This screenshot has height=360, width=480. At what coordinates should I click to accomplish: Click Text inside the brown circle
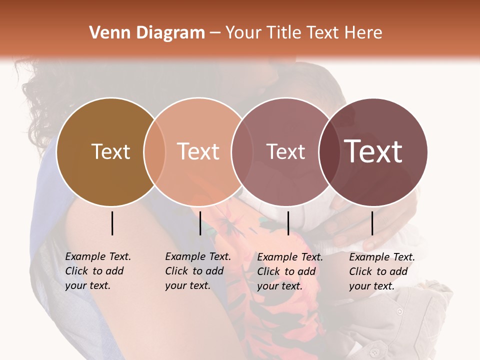pyautogui.click(x=110, y=151)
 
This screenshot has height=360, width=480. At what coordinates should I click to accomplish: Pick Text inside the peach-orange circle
pyautogui.click(x=198, y=151)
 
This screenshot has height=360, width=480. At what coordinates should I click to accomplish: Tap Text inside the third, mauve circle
pyautogui.click(x=285, y=151)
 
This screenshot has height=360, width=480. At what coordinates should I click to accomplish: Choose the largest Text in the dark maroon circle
pyautogui.click(x=373, y=151)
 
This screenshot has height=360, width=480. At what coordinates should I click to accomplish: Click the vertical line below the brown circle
pyautogui.click(x=112, y=223)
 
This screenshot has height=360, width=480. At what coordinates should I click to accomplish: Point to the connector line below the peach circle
pyautogui.click(x=200, y=223)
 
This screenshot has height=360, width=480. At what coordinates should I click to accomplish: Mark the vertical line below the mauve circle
pyautogui.click(x=288, y=223)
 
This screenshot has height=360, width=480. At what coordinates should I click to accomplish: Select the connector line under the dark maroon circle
pyautogui.click(x=372, y=223)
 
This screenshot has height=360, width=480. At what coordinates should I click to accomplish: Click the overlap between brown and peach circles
pyautogui.click(x=154, y=151)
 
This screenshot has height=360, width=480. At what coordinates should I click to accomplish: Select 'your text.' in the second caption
pyautogui.click(x=187, y=285)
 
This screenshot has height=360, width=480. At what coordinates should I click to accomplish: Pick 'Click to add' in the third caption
pyautogui.click(x=286, y=271)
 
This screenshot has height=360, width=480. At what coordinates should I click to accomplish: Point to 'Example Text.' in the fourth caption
pyautogui.click(x=382, y=257)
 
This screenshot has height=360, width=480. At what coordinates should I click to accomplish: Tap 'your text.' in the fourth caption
pyautogui.click(x=371, y=286)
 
